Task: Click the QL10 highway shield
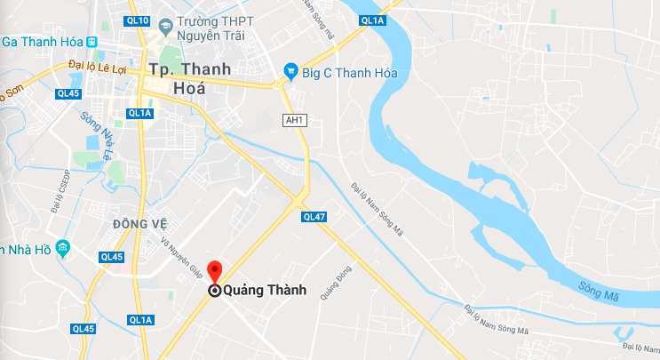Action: [139, 20]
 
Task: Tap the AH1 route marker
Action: [294, 120]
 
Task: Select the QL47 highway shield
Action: [314, 216]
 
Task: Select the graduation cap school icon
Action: [165, 29]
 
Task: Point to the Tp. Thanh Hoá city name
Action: [190, 77]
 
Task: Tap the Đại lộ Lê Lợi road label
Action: [99, 66]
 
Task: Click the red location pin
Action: [214, 272]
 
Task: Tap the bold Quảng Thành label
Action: [264, 290]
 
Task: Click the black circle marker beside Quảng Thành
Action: [214, 290]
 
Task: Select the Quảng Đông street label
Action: [332, 283]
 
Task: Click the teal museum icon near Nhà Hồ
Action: [62, 247]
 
